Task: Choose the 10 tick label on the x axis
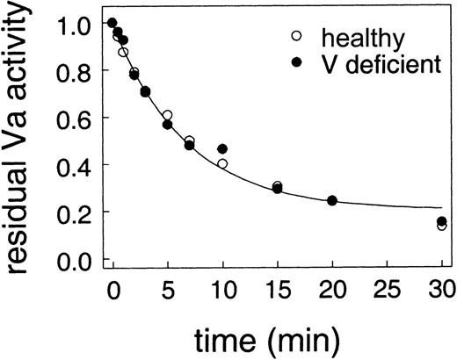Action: click(x=222, y=291)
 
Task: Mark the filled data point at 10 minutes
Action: click(x=222, y=149)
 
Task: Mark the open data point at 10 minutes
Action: click(x=222, y=164)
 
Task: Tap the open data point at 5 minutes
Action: click(x=167, y=116)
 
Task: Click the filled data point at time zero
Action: click(x=112, y=23)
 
